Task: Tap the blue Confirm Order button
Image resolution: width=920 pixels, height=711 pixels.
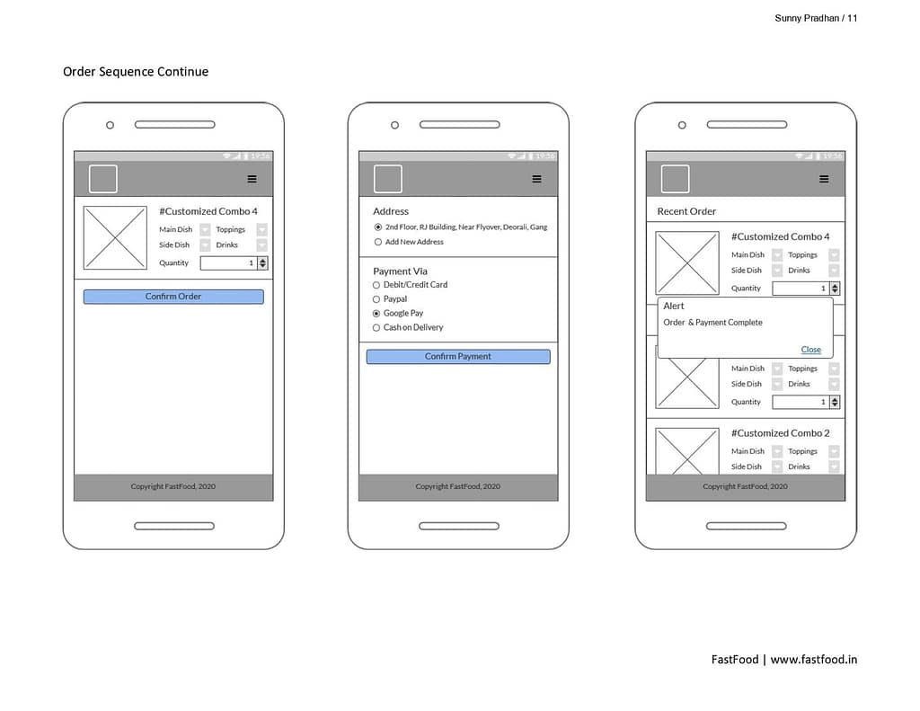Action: (173, 297)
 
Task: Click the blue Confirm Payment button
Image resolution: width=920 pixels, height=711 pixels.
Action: (458, 356)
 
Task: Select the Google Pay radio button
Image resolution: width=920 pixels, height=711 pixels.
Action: (376, 314)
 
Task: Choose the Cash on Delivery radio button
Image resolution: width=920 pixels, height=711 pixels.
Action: (376, 327)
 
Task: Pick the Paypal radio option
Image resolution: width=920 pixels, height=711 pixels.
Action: (376, 299)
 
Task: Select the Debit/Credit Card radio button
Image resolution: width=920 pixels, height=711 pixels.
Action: (376, 285)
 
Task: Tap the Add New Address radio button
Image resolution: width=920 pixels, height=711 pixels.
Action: (378, 242)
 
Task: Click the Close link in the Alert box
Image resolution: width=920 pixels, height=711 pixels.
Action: (811, 350)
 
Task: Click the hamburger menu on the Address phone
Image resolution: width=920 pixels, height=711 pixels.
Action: (537, 179)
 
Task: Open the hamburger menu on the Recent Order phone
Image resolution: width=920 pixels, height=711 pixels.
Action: (825, 179)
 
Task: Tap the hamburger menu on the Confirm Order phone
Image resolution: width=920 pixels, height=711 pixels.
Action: (252, 179)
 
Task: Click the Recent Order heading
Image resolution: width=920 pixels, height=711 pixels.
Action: (686, 211)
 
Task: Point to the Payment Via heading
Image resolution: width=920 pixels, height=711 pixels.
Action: (400, 271)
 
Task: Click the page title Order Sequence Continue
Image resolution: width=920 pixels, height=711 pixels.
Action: (136, 72)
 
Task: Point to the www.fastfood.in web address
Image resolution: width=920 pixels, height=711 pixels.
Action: (814, 660)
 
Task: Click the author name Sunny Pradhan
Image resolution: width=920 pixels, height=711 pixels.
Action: (807, 18)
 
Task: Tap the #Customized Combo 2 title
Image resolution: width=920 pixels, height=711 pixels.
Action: (781, 433)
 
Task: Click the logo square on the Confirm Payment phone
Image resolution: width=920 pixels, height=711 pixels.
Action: (388, 179)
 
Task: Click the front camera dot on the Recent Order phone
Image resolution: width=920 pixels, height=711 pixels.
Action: (682, 125)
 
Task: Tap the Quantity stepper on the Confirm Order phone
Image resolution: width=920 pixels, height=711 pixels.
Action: (263, 263)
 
